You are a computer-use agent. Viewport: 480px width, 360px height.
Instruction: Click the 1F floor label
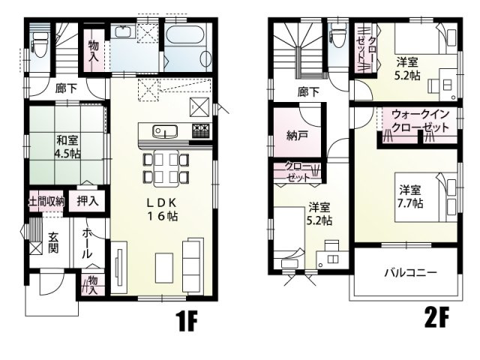186,322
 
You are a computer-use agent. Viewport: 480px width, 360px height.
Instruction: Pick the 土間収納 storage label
45,202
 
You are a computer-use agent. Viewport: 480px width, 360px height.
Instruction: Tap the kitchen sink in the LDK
164,132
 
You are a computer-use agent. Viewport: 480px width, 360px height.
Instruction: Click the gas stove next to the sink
200,131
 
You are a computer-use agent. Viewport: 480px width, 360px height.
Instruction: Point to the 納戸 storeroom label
286,136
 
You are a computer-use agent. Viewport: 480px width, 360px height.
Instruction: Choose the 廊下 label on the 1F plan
66,88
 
